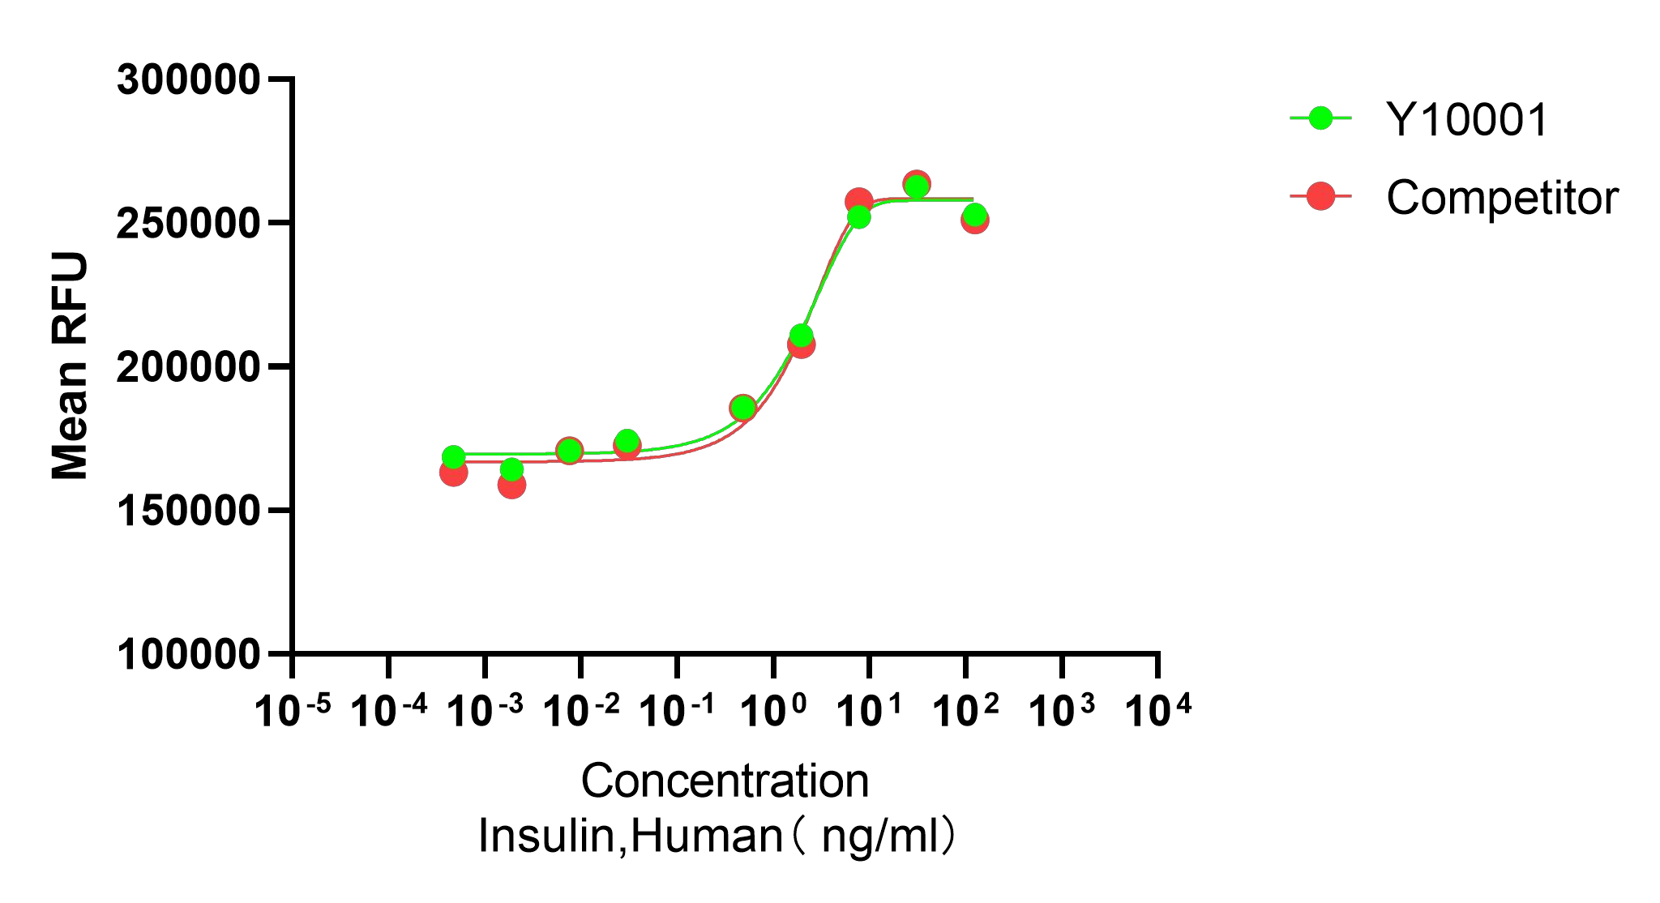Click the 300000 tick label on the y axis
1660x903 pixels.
click(x=188, y=80)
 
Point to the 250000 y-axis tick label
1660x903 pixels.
click(x=188, y=224)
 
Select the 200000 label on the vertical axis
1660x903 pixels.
click(x=188, y=367)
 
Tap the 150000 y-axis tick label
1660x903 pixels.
click(x=188, y=511)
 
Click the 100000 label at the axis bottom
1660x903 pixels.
click(x=188, y=654)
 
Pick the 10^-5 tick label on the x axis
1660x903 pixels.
click(x=292, y=711)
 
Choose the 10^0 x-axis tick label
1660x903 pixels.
click(x=774, y=711)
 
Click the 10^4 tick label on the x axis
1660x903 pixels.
click(x=1157, y=711)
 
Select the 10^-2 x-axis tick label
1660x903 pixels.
click(x=580, y=711)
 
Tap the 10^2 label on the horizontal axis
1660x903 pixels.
click(x=965, y=711)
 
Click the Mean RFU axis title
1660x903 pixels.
click(x=70, y=366)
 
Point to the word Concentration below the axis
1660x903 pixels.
click(x=725, y=781)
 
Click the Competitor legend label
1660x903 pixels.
click(x=1502, y=197)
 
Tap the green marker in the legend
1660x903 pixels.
click(x=1321, y=118)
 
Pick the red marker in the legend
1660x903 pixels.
click(x=1321, y=196)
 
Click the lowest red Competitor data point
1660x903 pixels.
click(x=511, y=485)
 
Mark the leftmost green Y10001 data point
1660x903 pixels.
click(x=454, y=457)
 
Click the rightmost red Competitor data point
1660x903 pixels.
click(x=975, y=220)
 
